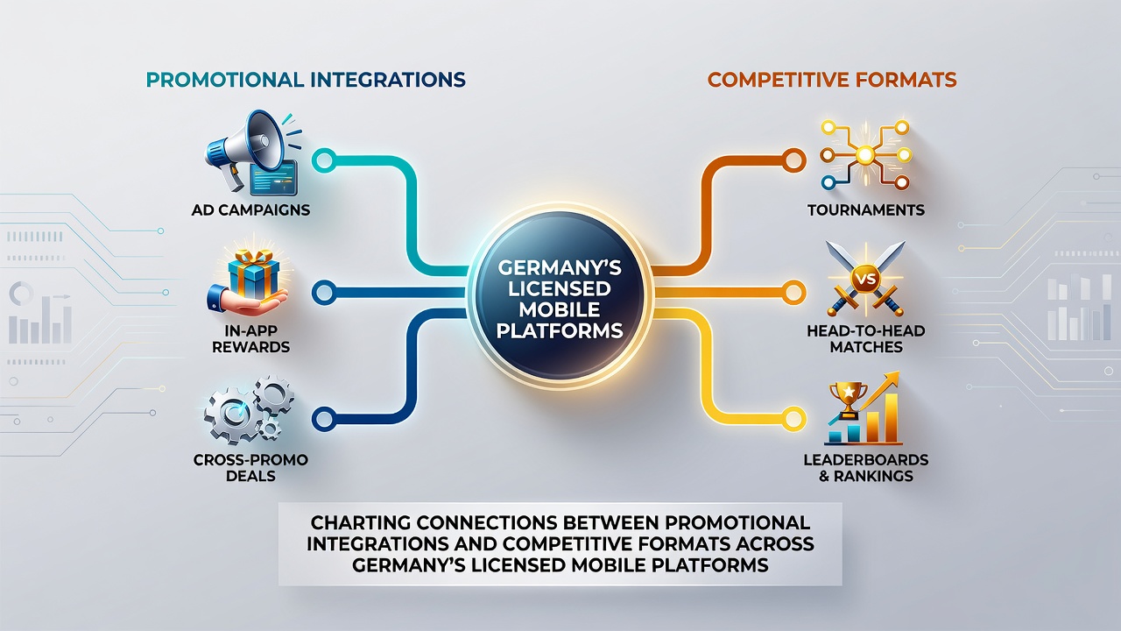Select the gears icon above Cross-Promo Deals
[x=249, y=408]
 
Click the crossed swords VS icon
[x=866, y=278]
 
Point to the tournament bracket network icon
[x=865, y=155]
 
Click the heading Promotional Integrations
[x=306, y=80]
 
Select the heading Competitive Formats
[x=832, y=80]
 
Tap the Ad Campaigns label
[x=250, y=209]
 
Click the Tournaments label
[x=866, y=209]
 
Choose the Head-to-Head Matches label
[x=866, y=338]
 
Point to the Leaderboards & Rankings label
[x=866, y=467]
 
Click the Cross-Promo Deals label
[x=250, y=467]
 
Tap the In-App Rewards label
[x=250, y=338]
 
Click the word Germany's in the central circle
[x=560, y=267]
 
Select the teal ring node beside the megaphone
[x=324, y=160]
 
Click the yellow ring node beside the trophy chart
[x=793, y=419]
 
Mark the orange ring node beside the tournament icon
[x=793, y=160]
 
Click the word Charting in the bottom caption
[x=360, y=523]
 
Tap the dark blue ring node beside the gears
[x=324, y=419]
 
